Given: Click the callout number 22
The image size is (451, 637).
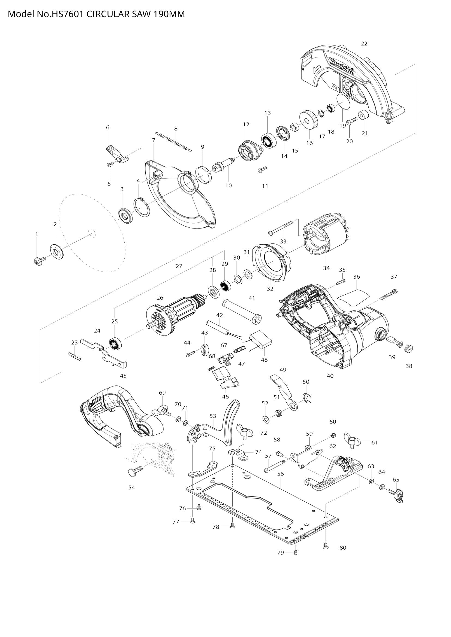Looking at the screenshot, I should point(364,44).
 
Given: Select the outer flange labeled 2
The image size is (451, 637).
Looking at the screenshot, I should point(57,252).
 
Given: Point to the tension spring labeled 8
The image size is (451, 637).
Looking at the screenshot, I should point(174,142).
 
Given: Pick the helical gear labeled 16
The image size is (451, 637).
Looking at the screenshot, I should point(309,120).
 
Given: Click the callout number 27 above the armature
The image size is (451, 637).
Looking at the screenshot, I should point(179,266).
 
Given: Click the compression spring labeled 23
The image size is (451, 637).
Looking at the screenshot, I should point(74,356).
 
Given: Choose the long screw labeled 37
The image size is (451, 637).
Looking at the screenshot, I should point(388,295).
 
